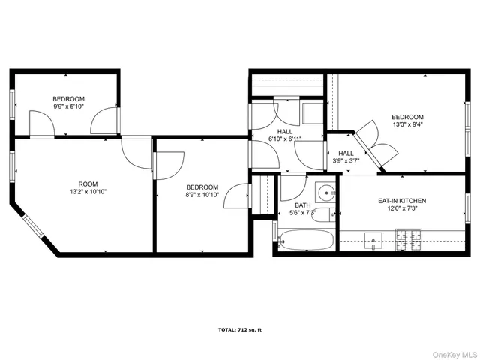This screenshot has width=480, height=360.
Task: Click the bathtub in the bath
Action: (x=306, y=242)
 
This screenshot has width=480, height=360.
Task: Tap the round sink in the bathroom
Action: (x=325, y=192)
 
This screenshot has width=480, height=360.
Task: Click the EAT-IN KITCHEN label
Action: (x=401, y=201)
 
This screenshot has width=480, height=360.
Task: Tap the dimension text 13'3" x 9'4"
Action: (x=407, y=126)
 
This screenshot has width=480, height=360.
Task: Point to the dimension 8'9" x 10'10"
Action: (x=202, y=196)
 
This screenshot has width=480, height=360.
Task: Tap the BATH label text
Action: (x=302, y=205)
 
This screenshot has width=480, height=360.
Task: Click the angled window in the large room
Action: (x=34, y=227)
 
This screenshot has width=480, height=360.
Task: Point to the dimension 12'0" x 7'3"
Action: (x=401, y=210)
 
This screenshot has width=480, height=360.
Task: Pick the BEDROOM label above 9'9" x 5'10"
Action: (x=68, y=99)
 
